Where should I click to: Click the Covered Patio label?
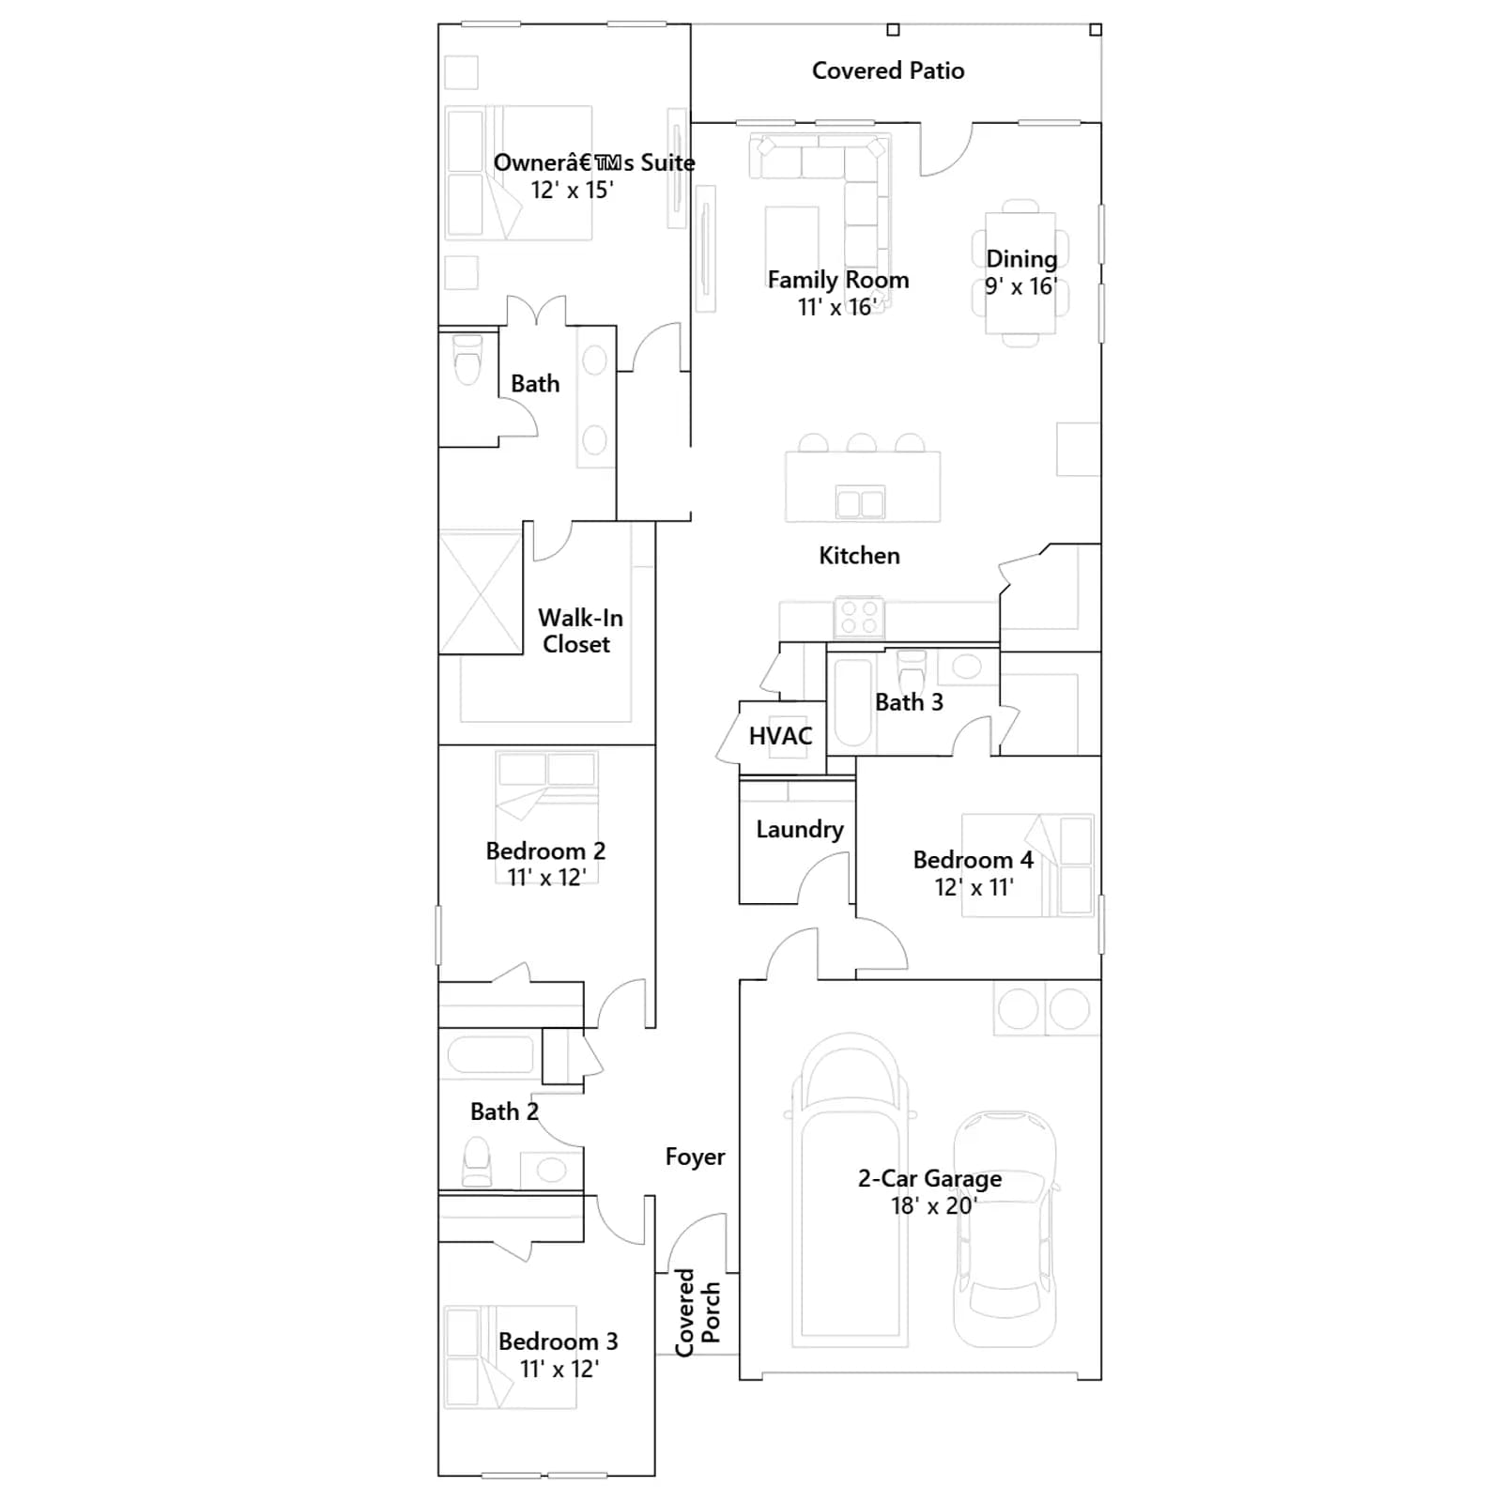[888, 70]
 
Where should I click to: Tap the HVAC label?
[781, 736]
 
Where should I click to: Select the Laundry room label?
[800, 830]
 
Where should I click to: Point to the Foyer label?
[696, 1157]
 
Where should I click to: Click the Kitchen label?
[859, 556]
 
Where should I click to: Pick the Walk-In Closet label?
[579, 631]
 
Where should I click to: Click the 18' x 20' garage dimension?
[934, 1205]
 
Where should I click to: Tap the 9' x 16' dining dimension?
[1020, 286]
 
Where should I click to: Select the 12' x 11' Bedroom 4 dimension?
[973, 887]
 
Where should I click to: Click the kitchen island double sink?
[861, 503]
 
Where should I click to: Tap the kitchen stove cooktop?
[859, 617]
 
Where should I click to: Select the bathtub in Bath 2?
[491, 1055]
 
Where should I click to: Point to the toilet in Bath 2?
[477, 1162]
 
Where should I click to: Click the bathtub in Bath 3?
[853, 703]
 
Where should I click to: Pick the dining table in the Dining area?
[1020, 273]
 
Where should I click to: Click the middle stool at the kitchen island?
[861, 443]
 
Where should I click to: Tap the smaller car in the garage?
[1004, 1228]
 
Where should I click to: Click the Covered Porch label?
[697, 1312]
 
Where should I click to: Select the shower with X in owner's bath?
[481, 593]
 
